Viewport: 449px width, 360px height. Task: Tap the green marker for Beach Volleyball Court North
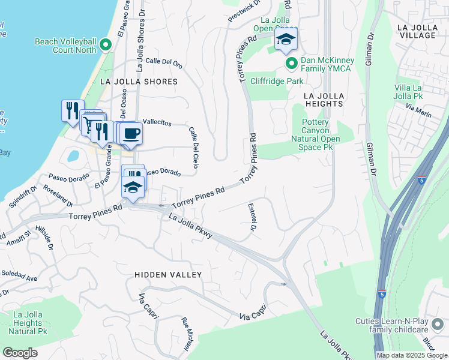pos(106,44)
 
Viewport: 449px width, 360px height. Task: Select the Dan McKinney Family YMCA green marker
pos(291,63)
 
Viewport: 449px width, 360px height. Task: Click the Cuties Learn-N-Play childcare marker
pos(438,325)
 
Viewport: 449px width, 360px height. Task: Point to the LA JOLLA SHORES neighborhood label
pos(139,82)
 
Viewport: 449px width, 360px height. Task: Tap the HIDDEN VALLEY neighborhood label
pos(168,274)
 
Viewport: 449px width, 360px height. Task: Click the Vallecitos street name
pos(155,122)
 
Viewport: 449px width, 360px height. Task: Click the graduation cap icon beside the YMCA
pos(286,40)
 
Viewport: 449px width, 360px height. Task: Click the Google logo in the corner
pos(20,353)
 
